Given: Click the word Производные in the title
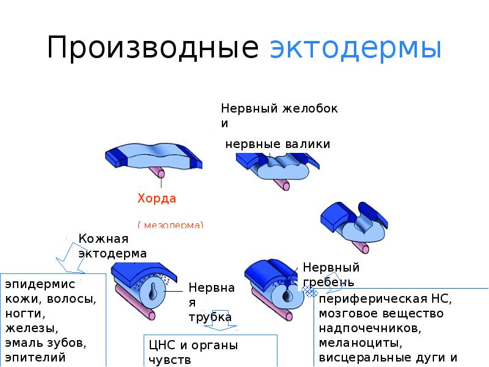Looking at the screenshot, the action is pyautogui.click(x=153, y=48).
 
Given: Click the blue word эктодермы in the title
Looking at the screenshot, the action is pyautogui.click(x=355, y=48).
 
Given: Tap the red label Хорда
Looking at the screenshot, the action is pyautogui.click(x=156, y=198).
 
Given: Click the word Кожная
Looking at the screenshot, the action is pyautogui.click(x=103, y=239).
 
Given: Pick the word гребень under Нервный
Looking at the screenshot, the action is pyautogui.click(x=329, y=282).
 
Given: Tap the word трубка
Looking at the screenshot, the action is pyautogui.click(x=210, y=317).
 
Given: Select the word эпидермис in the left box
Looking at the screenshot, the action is pyautogui.click(x=40, y=285).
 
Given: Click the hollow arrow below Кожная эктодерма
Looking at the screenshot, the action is pyautogui.click(x=71, y=260).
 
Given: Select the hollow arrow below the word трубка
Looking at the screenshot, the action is pyautogui.click(x=222, y=328).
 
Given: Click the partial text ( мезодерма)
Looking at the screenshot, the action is pyautogui.click(x=171, y=225).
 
